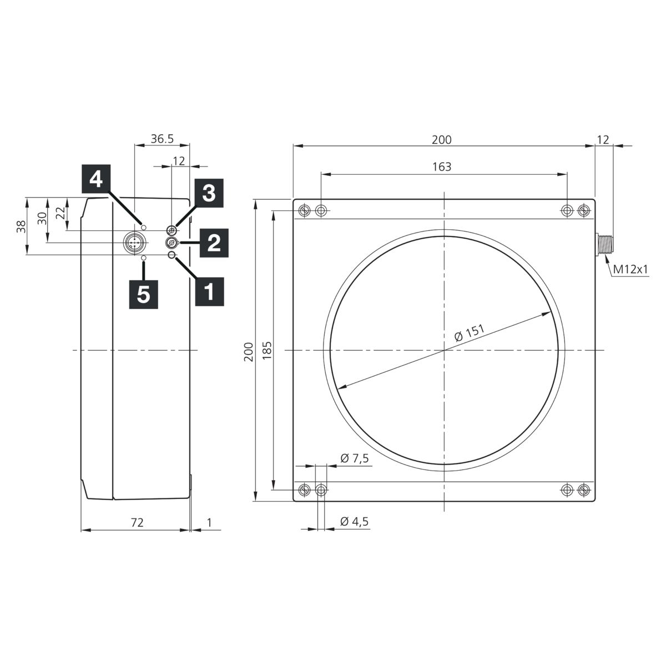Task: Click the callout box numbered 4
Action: coord(96,179)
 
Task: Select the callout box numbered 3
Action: coord(209,193)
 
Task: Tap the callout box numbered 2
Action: coord(214,243)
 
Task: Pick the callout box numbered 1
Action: coord(209,291)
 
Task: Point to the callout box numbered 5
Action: coord(143,295)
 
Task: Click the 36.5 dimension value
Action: coord(162,139)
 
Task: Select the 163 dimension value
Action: coord(442,167)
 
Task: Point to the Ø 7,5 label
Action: coord(355,458)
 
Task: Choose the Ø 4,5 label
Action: coord(355,521)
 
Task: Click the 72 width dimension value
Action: coord(137,522)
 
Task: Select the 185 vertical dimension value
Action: coord(267,350)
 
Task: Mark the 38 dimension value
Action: coord(22,226)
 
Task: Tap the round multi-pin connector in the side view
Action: coord(133,243)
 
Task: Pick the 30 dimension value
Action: coord(42,219)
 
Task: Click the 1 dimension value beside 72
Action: coord(209,522)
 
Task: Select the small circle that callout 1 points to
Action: coord(171,255)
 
